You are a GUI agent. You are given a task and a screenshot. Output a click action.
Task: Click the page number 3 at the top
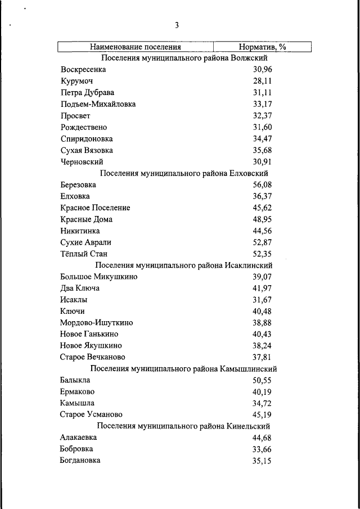pos(177,25)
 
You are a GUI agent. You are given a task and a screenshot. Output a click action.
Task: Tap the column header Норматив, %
pos(262,47)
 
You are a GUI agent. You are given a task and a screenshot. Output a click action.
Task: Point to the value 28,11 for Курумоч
pos(262,81)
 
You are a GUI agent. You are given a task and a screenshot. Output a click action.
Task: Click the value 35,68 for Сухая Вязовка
pos(262,150)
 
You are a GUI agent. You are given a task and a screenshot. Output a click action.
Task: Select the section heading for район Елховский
pos(184,173)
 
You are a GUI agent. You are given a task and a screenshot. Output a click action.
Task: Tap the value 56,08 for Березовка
pos(262,184)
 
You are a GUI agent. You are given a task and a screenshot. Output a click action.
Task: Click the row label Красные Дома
pos(86,219)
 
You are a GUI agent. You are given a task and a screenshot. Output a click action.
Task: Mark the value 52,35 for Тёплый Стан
pos(262,254)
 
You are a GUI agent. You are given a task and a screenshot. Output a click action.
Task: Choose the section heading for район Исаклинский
pos(184,265)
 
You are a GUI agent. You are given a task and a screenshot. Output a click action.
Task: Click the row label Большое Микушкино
pos(98,277)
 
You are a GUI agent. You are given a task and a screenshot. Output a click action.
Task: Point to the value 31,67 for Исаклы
pos(262,300)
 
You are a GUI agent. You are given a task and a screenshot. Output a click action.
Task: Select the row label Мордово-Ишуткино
pos(96,323)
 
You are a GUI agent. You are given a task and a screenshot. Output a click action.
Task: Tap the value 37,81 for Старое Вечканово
pos(262,357)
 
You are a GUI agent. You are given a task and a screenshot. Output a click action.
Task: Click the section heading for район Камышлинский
pos(184,369)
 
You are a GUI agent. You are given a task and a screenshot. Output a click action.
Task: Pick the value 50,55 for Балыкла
pos(262,380)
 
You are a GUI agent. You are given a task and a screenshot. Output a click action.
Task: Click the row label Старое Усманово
pos(91,415)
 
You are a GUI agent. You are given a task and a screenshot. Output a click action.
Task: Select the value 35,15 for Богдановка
pos(262,461)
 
